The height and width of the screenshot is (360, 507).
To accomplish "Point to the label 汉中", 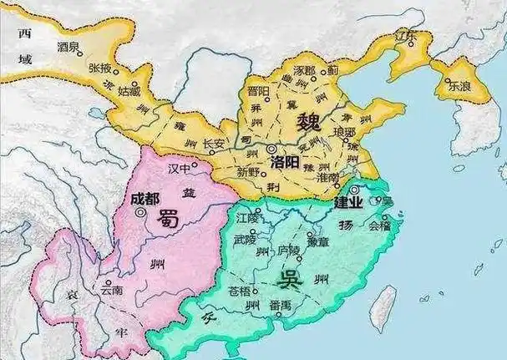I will click(180, 169).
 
